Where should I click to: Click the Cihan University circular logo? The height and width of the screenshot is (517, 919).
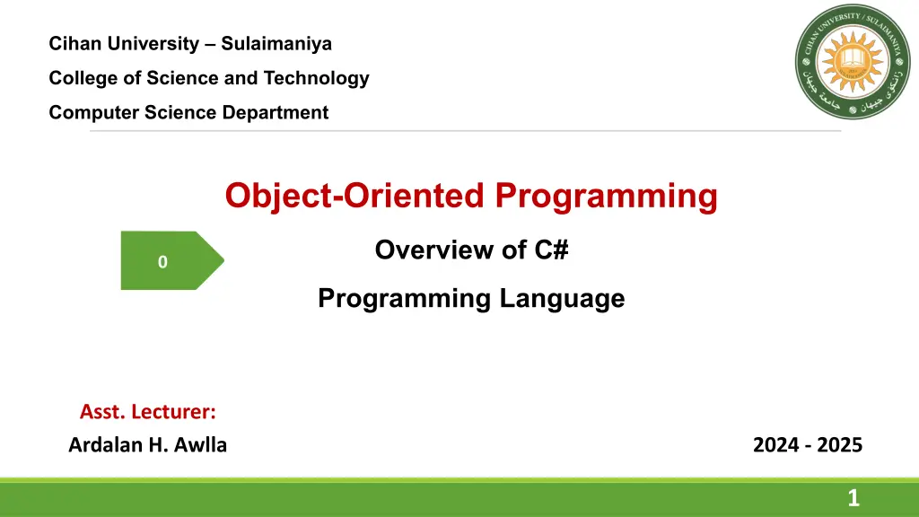[853, 62]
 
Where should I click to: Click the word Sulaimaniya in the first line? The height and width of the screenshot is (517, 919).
[276, 44]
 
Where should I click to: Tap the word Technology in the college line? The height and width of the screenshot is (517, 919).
[316, 79]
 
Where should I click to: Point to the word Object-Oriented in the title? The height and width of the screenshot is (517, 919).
[354, 196]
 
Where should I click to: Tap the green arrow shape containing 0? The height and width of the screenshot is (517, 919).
[172, 260]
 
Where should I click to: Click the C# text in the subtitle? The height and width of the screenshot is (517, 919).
[551, 250]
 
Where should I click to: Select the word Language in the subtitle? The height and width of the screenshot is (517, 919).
[562, 299]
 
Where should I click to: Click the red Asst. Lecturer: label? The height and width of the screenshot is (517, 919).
[148, 411]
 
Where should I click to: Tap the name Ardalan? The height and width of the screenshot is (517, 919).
[106, 445]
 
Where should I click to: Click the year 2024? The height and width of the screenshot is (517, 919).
[775, 445]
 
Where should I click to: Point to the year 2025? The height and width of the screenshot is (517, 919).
[839, 445]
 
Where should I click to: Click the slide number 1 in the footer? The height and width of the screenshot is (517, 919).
[853, 498]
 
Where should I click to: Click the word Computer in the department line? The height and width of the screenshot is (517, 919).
[93, 112]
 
